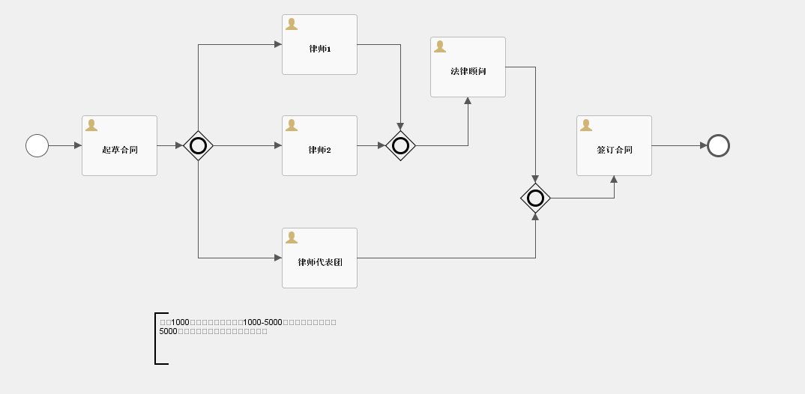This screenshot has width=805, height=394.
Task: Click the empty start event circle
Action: click(37, 145)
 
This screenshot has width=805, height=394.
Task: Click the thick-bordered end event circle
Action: click(718, 145)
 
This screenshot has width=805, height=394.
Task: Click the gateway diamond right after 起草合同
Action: click(198, 145)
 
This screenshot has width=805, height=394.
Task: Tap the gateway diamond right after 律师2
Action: click(400, 145)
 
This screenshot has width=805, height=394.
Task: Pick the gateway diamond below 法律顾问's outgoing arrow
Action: click(535, 198)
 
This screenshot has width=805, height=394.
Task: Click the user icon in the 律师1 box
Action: click(292, 24)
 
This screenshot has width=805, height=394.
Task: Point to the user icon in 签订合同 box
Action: click(586, 125)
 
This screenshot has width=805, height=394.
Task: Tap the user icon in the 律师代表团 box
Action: click(292, 237)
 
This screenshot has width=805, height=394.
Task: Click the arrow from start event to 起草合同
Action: click(64, 145)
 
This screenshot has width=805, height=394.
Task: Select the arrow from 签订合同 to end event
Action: click(679, 145)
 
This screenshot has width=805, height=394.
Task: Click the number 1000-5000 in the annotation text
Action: click(262, 322)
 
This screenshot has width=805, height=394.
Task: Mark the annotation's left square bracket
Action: click(156, 339)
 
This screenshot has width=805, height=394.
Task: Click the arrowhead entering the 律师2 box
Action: click(277, 145)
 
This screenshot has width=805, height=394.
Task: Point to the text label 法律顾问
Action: click(468, 72)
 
